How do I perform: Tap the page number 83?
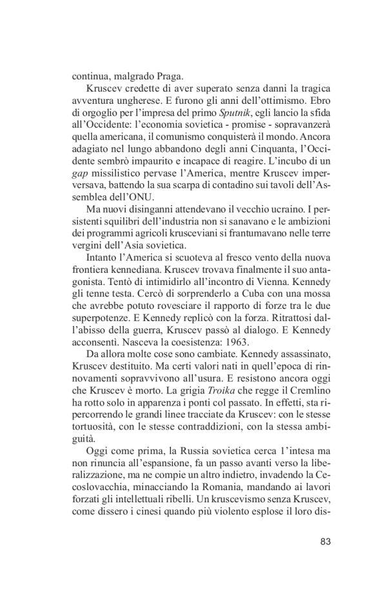coord(325,541)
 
